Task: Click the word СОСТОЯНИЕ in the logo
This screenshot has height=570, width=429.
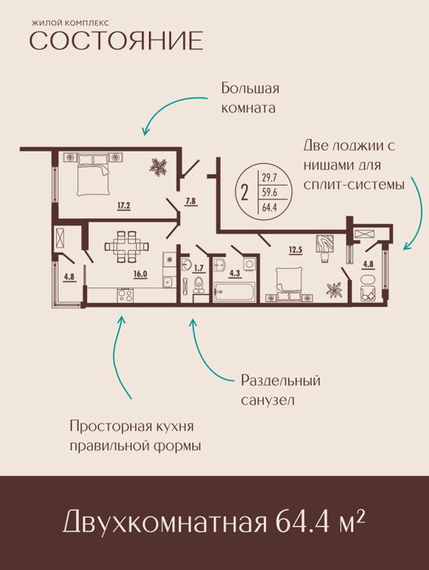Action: pos(116,41)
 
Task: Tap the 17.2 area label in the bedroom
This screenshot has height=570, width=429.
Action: pos(124,206)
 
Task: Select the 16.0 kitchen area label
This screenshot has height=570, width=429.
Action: pos(140,274)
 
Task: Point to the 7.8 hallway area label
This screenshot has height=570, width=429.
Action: pos(190,200)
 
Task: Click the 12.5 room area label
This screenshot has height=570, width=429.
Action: pos(295,250)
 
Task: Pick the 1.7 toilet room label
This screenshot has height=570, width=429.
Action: pos(199,268)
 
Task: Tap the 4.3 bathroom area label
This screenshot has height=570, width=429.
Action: pos(235,273)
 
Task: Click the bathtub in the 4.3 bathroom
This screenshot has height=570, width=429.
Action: pos(234,292)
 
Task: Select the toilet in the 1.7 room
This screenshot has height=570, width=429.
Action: pos(199,284)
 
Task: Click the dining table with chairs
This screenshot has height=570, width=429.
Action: pos(127,247)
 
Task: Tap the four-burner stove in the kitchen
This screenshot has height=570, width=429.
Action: pos(125,295)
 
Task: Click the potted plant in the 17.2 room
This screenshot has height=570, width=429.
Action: pos(159,168)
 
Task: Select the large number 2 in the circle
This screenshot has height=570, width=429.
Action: pos(244,192)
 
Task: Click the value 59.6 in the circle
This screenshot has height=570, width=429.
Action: pos(269,192)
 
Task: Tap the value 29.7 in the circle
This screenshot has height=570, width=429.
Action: pos(269,178)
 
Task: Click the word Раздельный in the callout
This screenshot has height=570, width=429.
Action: pos(281,380)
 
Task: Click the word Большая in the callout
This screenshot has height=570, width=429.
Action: pos(250,88)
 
